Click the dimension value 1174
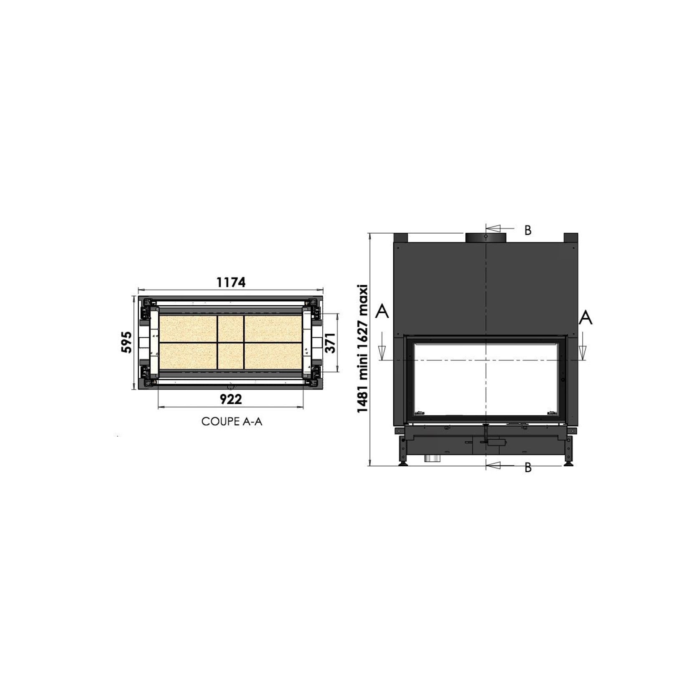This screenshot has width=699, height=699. pyautogui.click(x=231, y=282)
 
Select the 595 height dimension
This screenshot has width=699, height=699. pyautogui.click(x=127, y=342)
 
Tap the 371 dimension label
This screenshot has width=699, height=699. pyautogui.click(x=330, y=342)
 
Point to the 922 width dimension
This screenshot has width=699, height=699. pyautogui.click(x=231, y=399)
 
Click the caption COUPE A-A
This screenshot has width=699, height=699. pyautogui.click(x=232, y=422)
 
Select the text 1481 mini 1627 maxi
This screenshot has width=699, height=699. pyautogui.click(x=363, y=349)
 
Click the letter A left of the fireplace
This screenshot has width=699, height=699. pyautogui.click(x=382, y=311)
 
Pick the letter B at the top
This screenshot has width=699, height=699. pyautogui.click(x=528, y=230)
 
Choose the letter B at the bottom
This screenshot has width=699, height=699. pyautogui.click(x=528, y=468)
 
